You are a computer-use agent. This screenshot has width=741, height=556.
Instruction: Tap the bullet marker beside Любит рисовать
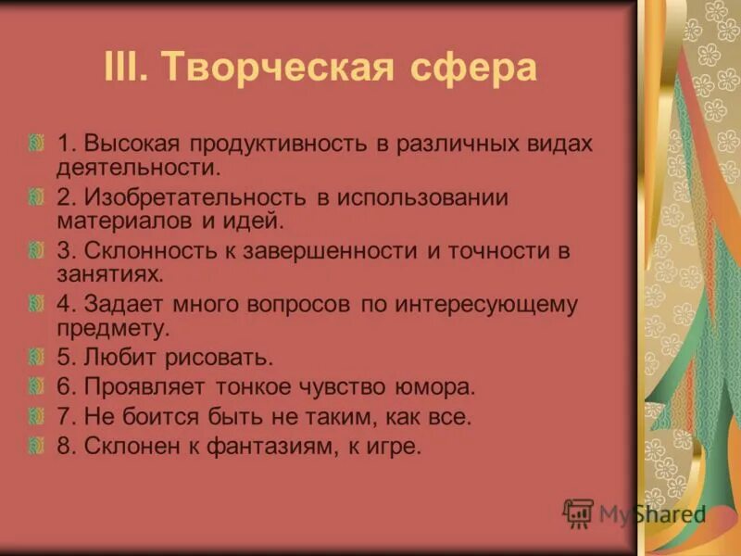36,357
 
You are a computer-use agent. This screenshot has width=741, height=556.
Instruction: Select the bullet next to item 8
36,446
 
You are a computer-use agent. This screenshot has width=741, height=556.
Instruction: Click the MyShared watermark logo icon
578,513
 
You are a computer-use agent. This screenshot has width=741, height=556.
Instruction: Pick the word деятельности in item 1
138,168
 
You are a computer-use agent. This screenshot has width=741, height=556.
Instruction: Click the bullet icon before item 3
36,251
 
